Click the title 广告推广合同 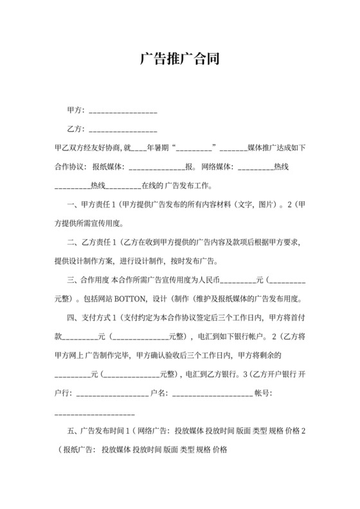[x=180, y=60]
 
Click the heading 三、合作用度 [x=89, y=280]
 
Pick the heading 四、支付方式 [x=89, y=317]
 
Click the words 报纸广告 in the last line [x=76, y=448]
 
